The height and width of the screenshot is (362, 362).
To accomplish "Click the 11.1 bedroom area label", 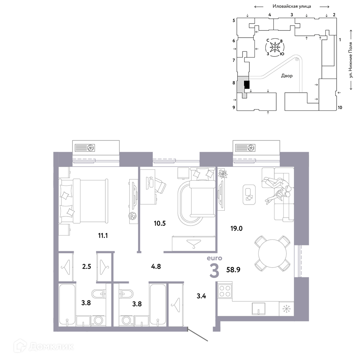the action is pos(103,236).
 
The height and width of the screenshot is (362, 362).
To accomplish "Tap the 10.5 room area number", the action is pos(160,223).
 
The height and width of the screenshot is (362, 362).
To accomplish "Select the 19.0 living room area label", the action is pos(236,228).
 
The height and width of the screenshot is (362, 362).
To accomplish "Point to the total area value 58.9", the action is pos(233,270).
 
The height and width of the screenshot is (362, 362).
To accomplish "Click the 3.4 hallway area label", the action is pos(201,296).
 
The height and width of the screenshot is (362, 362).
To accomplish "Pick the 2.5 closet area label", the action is pos(87,266).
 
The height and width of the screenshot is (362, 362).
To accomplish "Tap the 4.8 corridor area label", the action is pos(156,266).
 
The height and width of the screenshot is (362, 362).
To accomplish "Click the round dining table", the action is pos(273,253).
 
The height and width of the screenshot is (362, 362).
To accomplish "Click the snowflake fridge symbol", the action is pos(286,308).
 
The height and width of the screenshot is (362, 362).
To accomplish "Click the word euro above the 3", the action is pos(214,258).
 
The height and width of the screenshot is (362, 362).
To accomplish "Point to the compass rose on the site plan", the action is pos(275,47).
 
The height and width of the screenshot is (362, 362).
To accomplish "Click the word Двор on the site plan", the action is pos(287,76).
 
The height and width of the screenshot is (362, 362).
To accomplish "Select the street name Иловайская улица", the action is pos(291,6).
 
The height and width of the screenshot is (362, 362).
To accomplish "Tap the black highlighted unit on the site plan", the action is pos(247,84).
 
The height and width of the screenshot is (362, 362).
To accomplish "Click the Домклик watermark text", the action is pos(51,346).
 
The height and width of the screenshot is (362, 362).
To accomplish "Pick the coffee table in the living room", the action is pos(249,194).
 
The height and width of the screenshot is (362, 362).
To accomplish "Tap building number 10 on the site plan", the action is pos(340,108).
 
